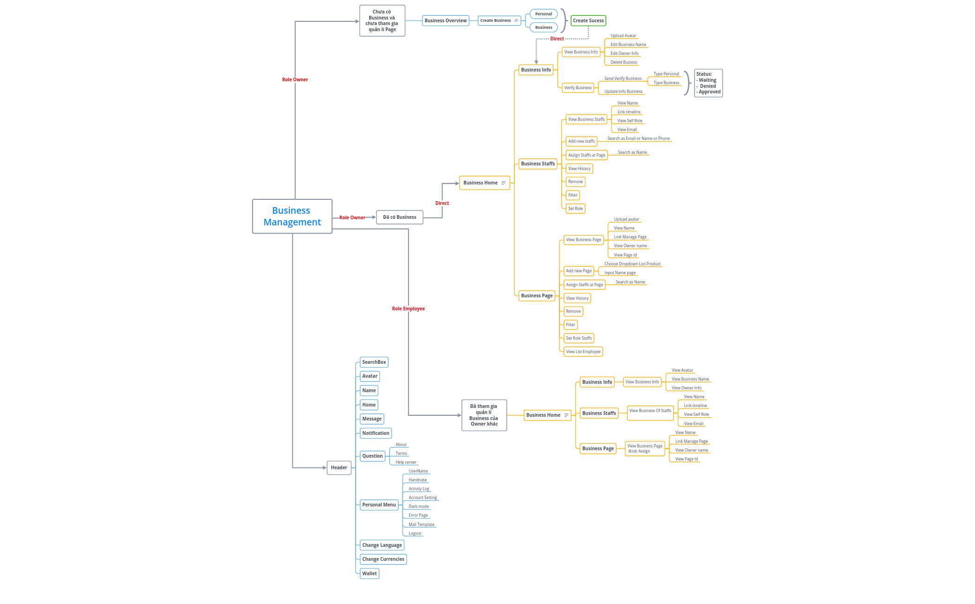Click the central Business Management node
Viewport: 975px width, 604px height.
292,217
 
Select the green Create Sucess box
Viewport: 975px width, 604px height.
588,20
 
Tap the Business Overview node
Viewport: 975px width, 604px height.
445,20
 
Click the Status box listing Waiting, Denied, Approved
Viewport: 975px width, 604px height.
708,83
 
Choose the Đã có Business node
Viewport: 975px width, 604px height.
399,217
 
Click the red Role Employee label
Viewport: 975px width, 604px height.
408,309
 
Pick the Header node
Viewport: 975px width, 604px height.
339,467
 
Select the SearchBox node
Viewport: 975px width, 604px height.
374,362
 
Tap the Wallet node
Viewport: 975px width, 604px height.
370,573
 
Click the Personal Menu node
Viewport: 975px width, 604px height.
379,505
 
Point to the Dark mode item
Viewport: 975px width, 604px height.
418,506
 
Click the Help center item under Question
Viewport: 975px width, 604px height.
406,462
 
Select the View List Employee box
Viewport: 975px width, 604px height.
583,352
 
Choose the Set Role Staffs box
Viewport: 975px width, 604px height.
579,338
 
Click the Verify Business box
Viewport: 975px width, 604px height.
578,88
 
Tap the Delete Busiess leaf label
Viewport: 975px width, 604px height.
624,62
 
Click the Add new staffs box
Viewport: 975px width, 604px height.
581,141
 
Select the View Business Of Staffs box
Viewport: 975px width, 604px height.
650,411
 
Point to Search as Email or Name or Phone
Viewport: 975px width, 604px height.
638,138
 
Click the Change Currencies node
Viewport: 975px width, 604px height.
383,559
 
